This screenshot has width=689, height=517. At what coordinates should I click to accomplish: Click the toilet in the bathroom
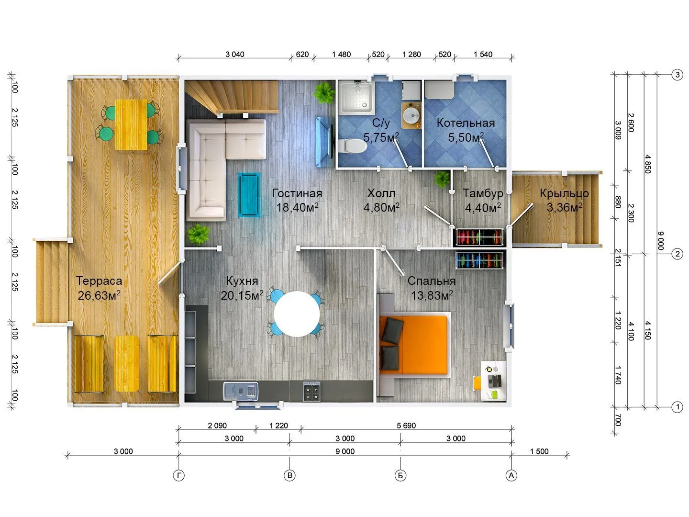pos(353,146)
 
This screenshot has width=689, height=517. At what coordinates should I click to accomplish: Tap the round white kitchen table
pos(297,314)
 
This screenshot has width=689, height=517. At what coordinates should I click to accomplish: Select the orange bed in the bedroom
pos(413,345)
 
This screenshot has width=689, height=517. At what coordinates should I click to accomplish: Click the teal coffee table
pos(249,195)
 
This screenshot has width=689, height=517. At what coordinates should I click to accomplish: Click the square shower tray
pos(356,98)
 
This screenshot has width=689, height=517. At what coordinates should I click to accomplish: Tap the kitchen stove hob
pos(311,392)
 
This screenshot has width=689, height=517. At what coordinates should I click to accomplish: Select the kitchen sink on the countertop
pos(241,391)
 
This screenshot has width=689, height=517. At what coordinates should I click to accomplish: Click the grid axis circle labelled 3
pos(677,75)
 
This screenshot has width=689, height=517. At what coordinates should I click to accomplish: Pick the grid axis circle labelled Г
pos(178,475)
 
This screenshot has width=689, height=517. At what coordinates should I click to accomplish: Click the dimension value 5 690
pos(406,426)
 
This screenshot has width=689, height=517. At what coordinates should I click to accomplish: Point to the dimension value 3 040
pos(234,54)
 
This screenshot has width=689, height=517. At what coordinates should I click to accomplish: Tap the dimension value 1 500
pos(539,451)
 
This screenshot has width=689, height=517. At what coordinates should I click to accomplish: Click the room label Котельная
pos(466,123)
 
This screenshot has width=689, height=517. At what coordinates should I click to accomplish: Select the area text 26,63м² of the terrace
pos(99,295)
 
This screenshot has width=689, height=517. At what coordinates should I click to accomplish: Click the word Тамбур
pos(482,193)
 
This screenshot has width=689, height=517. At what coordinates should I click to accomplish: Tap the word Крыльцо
pos(564,193)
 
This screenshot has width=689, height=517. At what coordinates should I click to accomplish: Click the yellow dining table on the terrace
pos(131,124)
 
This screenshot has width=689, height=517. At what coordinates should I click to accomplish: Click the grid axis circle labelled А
pos(511,475)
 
